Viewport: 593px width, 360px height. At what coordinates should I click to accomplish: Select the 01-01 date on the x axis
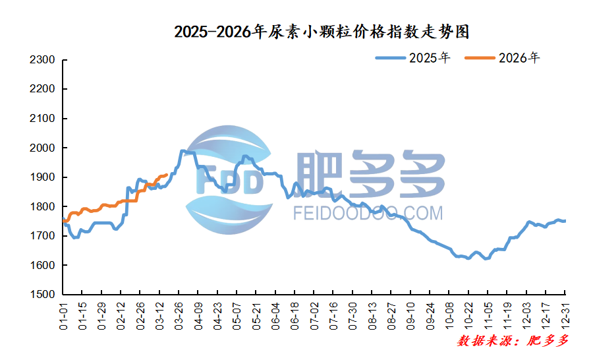(x=63, y=315)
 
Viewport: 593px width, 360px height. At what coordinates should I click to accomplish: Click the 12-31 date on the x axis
(x=565, y=315)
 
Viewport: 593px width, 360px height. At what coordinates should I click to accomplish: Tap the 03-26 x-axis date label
(x=179, y=315)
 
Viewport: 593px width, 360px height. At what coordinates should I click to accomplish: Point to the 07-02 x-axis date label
(x=314, y=315)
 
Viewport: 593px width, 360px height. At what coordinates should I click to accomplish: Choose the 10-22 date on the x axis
(x=468, y=315)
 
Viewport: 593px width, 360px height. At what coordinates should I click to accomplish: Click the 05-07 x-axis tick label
(x=237, y=315)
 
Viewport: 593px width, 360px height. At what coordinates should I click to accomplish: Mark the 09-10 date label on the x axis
(x=410, y=315)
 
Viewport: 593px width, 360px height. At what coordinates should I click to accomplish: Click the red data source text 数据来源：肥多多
(x=512, y=341)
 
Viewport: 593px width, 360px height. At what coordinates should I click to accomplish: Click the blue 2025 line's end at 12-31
(x=565, y=221)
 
